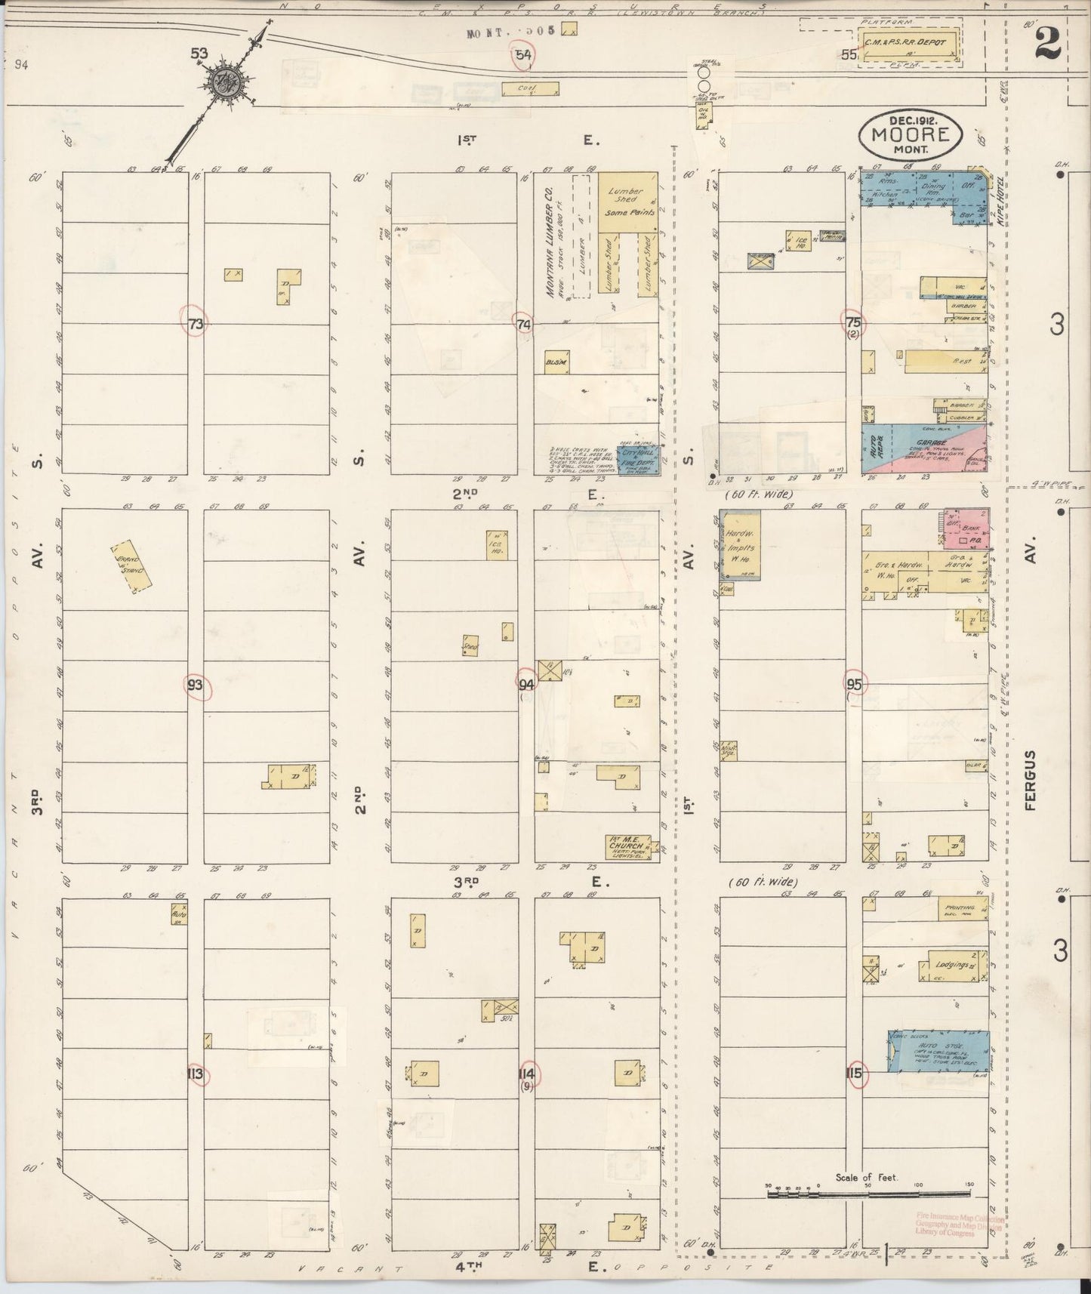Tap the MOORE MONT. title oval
point(910,135)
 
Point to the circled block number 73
point(196,324)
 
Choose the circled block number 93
point(196,686)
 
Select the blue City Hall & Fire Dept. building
point(637,460)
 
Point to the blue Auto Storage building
point(937,1052)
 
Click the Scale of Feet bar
point(868,1194)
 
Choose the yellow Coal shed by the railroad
point(530,89)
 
